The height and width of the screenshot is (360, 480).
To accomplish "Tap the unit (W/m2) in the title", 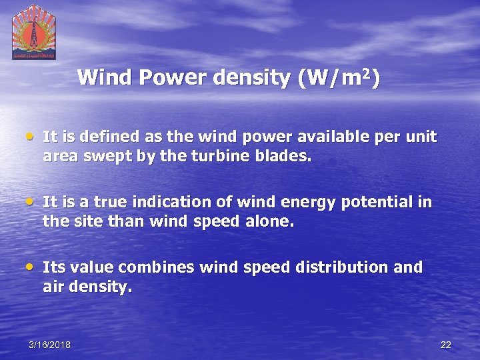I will [x=339, y=79].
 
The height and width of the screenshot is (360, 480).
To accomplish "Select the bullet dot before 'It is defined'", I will [x=31, y=137].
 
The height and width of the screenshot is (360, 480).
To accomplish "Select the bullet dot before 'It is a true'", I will [x=31, y=201].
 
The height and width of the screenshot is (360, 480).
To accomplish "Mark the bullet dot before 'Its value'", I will [x=31, y=267].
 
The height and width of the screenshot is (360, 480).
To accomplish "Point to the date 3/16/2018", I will [x=49, y=345].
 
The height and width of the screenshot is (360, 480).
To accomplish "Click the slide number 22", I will [x=446, y=345].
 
